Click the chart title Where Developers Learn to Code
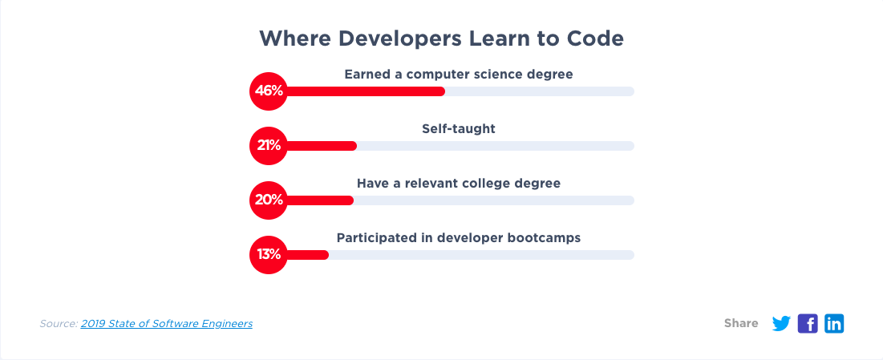[x=441, y=38]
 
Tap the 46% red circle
[x=269, y=91]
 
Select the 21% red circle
[x=269, y=145]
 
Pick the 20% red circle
[x=269, y=200]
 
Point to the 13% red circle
[x=269, y=255]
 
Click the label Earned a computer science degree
[x=459, y=75]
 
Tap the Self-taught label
[x=459, y=128]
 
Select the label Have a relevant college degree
[x=459, y=184]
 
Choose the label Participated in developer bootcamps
[x=459, y=238]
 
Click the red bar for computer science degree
[x=366, y=91]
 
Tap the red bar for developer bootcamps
[x=308, y=255]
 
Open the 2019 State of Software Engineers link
[x=166, y=324]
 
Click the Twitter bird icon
[x=781, y=324]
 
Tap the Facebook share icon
[x=808, y=324]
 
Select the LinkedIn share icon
[x=834, y=324]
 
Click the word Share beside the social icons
[x=741, y=323]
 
